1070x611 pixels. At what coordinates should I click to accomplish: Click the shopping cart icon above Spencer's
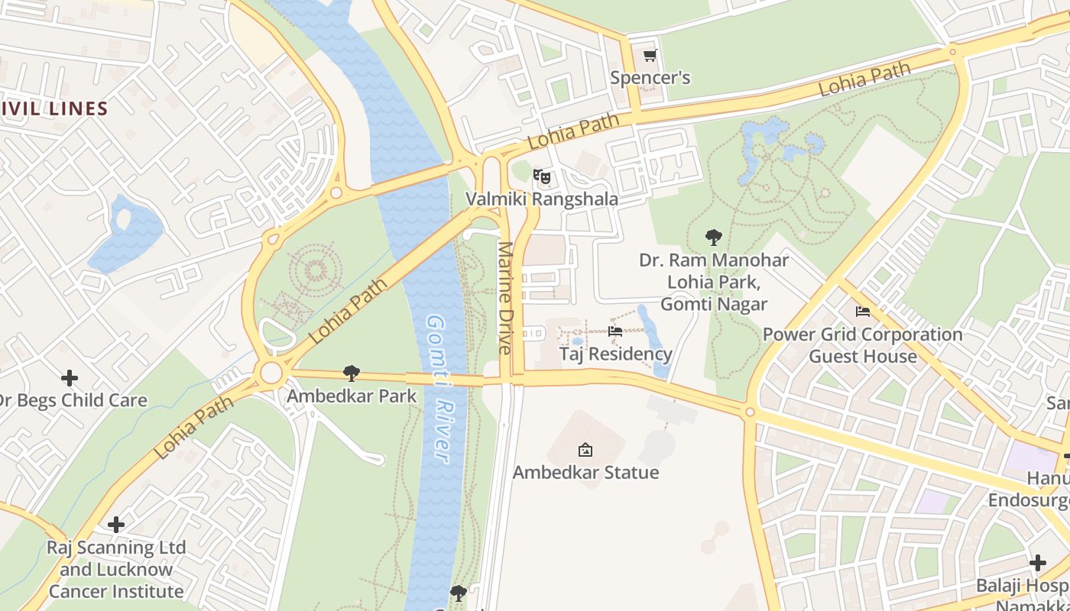tap(650, 55)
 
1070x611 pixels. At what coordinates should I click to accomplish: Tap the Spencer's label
tap(650, 78)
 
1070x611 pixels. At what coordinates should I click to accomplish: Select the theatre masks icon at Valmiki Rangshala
tap(542, 177)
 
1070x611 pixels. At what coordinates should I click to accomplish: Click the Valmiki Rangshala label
tap(542, 199)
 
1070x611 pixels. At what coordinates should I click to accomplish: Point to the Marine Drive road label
tap(504, 298)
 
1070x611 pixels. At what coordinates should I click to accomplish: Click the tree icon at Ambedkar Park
tap(352, 373)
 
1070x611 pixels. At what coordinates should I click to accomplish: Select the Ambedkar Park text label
tap(352, 396)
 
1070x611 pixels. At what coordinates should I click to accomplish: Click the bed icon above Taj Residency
tap(615, 331)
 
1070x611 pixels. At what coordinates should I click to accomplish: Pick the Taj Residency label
tap(615, 354)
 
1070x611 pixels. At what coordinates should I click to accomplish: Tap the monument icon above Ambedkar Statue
tap(585, 450)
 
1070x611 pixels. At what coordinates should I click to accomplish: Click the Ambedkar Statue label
tap(585, 473)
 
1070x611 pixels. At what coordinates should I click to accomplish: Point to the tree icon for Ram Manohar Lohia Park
tap(714, 237)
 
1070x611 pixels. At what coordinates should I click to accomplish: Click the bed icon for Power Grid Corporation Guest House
tap(863, 312)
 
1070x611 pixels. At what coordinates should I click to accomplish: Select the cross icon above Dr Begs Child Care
tap(70, 378)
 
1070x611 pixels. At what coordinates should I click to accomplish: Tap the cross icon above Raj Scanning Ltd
tap(116, 525)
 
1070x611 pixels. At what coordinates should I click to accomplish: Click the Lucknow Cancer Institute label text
tap(116, 580)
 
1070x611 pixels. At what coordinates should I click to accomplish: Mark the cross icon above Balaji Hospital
tap(1037, 564)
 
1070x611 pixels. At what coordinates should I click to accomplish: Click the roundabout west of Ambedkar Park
tap(271, 373)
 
